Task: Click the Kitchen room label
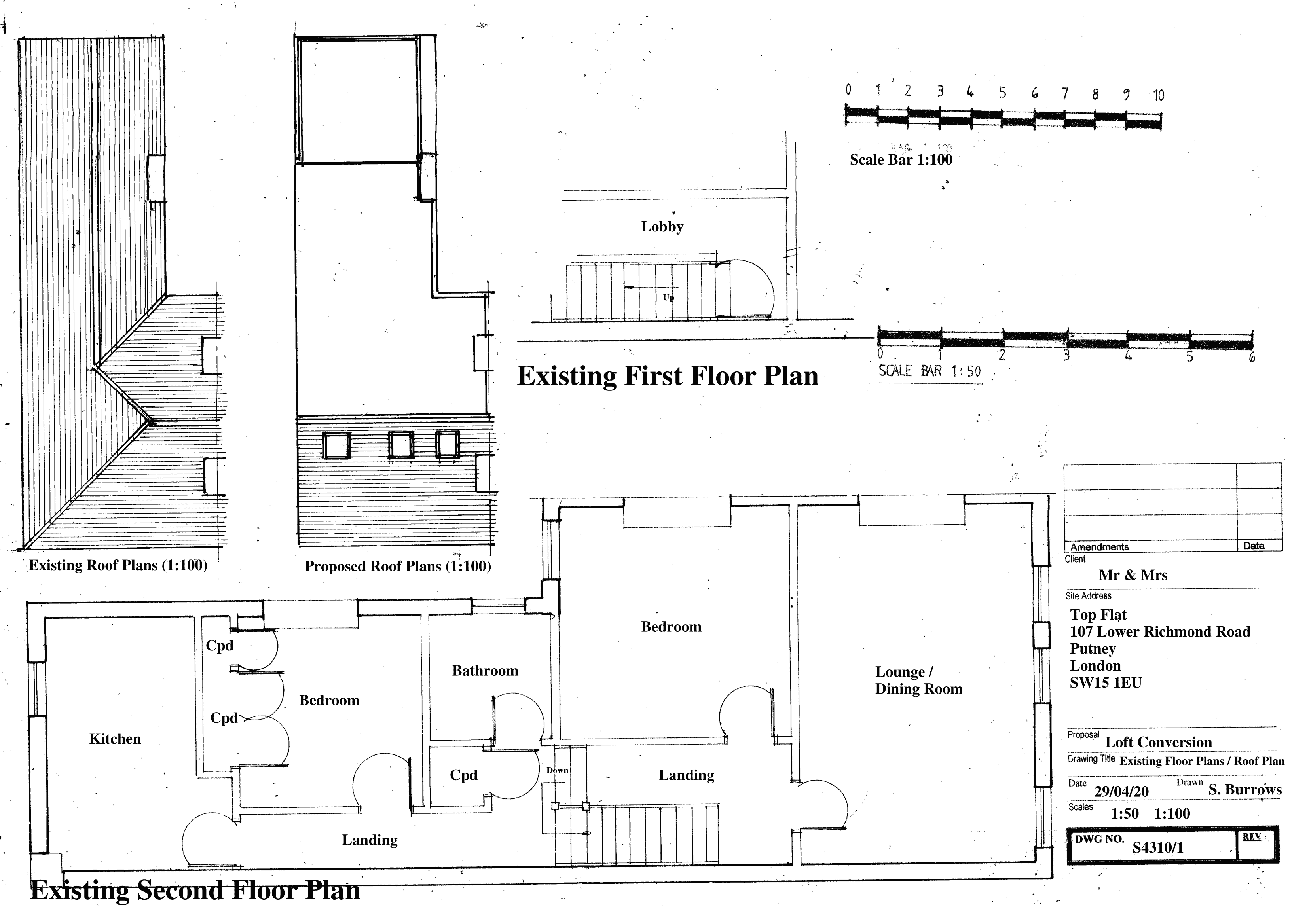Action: click(x=115, y=739)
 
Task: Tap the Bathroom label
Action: click(x=485, y=671)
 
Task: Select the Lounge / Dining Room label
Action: click(x=918, y=680)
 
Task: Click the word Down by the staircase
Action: click(x=558, y=770)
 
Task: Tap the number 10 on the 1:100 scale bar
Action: click(x=1159, y=95)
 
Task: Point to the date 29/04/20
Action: click(x=1121, y=791)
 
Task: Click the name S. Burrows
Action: click(x=1245, y=789)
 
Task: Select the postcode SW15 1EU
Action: click(x=1106, y=683)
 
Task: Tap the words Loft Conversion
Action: click(x=1159, y=742)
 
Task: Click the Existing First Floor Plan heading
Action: click(x=668, y=376)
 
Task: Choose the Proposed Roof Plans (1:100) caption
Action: click(x=398, y=566)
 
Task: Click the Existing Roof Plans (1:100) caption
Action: click(x=118, y=565)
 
